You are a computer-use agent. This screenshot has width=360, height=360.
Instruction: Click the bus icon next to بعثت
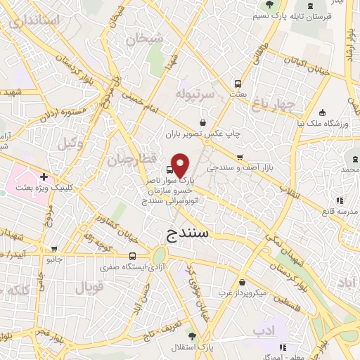point(238,82)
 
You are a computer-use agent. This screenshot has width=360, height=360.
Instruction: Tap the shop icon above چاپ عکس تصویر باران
point(203,122)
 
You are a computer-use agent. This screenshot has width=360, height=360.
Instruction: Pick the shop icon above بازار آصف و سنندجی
point(240,157)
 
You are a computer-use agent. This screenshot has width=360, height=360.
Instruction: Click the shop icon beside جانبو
point(54,248)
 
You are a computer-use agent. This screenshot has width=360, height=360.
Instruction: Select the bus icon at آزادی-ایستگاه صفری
point(133,257)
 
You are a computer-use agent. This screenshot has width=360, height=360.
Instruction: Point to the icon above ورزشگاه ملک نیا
point(322,112)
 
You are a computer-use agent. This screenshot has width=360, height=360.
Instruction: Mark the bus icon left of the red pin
point(169,169)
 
